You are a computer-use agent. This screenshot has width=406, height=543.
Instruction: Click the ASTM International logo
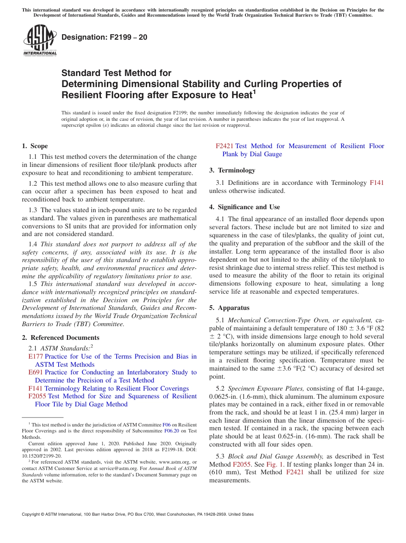point(40,40)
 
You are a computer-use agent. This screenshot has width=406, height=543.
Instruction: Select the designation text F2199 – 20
point(104,37)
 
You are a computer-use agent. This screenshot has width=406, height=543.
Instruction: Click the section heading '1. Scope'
point(35,146)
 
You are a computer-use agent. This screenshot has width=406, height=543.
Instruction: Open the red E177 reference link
point(35,356)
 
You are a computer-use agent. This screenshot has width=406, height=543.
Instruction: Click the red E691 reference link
point(35,372)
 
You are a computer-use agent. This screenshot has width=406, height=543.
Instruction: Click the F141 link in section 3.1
point(377,183)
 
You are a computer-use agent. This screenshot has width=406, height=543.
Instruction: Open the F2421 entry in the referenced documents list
point(224,146)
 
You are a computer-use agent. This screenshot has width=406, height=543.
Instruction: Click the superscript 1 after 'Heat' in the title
point(254,91)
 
